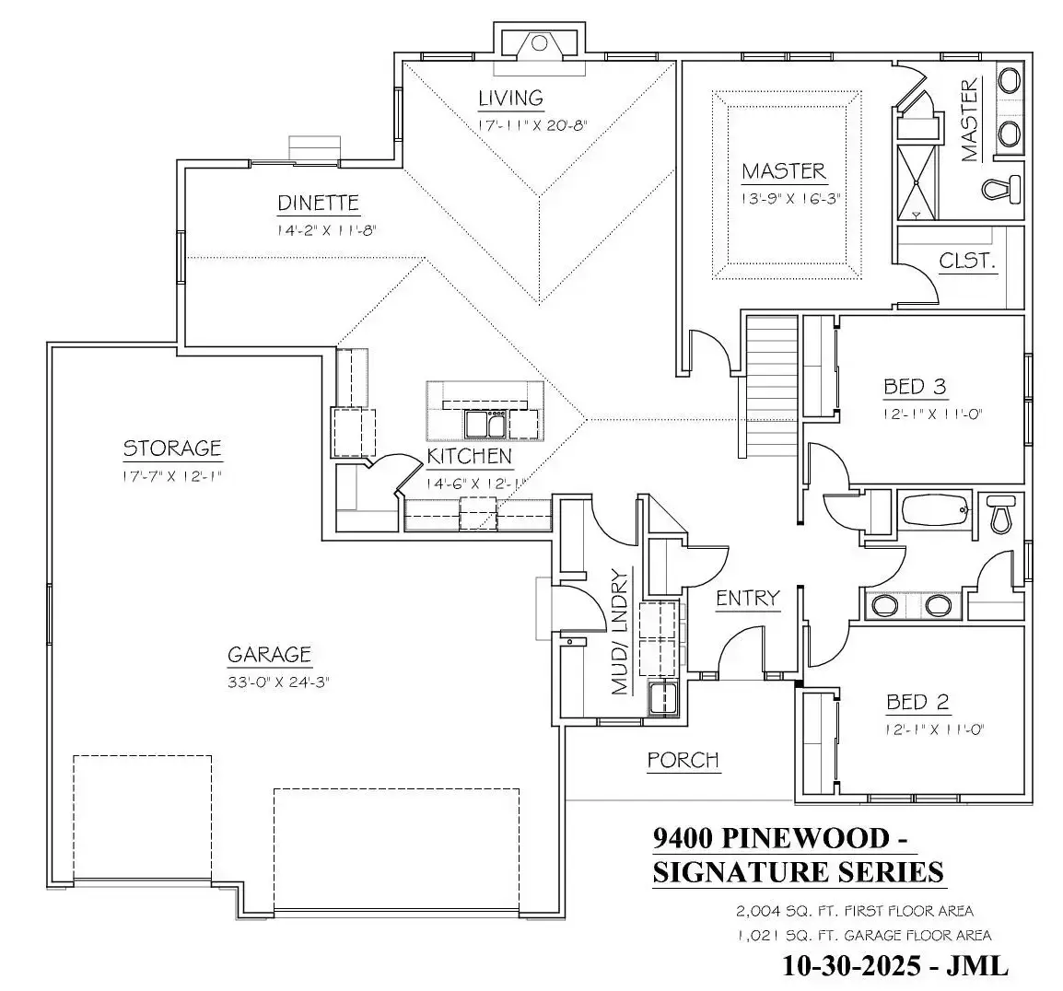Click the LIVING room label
coord(510,98)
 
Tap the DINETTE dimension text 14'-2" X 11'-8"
coord(326,231)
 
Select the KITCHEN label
coord(469,456)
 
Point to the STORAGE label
coord(172,449)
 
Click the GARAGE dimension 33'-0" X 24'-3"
coord(278,682)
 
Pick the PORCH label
coord(683,760)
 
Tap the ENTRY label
coord(747,599)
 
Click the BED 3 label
coord(915,387)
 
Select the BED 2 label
coord(917,703)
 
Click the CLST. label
coord(967,261)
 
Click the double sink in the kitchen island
coord(485,424)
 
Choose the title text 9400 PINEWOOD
coord(772,838)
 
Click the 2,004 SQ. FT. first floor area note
coord(854,912)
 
